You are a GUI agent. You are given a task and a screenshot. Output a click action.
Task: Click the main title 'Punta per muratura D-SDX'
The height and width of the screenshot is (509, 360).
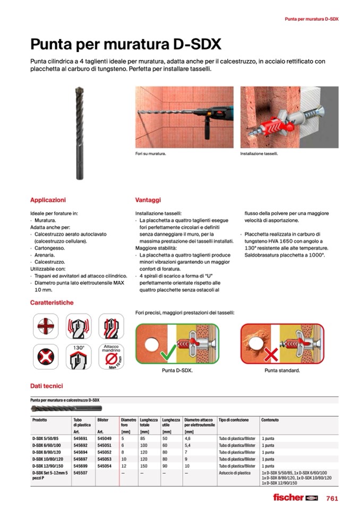tap(126, 43)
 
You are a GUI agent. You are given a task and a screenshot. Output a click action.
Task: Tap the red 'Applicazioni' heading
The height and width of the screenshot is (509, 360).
tap(48, 200)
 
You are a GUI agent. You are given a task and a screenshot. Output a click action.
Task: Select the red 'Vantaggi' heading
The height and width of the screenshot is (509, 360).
tap(148, 200)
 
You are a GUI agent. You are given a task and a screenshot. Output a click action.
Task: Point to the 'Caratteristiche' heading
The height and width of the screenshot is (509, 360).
tap(52, 303)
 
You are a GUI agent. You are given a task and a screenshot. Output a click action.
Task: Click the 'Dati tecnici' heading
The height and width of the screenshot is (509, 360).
tap(46, 386)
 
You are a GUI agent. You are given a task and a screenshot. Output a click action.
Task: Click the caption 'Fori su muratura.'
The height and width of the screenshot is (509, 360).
tap(151, 154)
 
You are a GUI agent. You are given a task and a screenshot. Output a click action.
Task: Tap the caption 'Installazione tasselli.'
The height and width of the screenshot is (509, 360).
tap(259, 154)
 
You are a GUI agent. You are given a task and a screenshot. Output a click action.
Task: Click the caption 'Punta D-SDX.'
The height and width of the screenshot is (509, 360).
tap(177, 370)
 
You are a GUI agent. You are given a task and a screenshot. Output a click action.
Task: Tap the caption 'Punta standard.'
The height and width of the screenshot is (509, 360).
tap(282, 370)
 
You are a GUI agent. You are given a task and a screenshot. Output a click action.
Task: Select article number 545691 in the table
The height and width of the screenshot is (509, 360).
tap(80, 439)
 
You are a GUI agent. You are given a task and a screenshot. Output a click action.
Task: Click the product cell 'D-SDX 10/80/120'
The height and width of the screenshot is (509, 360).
tap(48, 458)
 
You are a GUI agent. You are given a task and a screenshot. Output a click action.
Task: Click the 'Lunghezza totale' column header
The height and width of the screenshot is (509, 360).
tap(148, 422)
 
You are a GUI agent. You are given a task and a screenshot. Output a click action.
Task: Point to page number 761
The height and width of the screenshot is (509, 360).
tap(332, 498)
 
